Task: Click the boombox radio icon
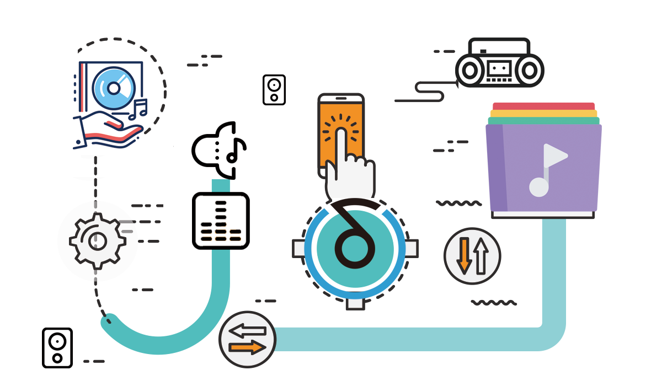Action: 499,63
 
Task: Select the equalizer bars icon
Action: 221,221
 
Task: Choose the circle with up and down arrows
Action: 472,256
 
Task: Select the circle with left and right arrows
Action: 247,340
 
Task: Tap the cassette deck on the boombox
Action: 499,69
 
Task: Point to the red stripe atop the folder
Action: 543,105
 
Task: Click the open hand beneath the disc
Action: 108,130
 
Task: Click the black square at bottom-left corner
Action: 57,347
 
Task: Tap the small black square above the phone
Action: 274,89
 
